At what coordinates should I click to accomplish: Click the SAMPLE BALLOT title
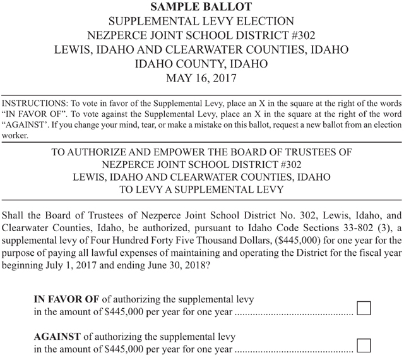(x=202, y=7)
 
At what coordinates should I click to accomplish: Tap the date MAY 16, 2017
(x=202, y=78)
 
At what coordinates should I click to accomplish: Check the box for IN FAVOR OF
(x=364, y=308)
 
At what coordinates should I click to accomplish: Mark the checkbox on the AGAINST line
(x=364, y=345)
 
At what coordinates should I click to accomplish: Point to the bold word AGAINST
(x=56, y=335)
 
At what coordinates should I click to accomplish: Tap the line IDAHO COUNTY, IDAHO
(x=202, y=64)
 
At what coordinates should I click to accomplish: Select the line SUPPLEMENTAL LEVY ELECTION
(x=202, y=21)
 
